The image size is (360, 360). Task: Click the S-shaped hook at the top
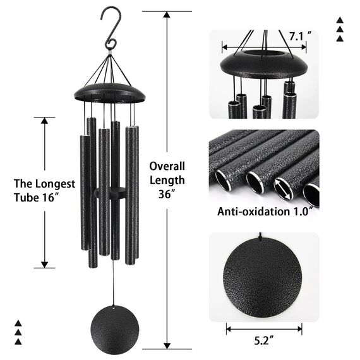click(111, 28)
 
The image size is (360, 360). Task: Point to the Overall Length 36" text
click(167, 180)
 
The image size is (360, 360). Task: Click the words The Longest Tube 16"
click(44, 191)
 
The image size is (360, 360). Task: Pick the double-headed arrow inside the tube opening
click(283, 188)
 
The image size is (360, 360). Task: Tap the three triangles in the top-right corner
click(340, 30)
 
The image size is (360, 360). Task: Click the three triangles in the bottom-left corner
click(18, 332)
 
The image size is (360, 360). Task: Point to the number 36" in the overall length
click(167, 195)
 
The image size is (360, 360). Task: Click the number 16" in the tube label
click(59, 199)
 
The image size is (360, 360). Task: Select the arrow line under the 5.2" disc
click(264, 328)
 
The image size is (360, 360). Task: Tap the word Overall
click(167, 166)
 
